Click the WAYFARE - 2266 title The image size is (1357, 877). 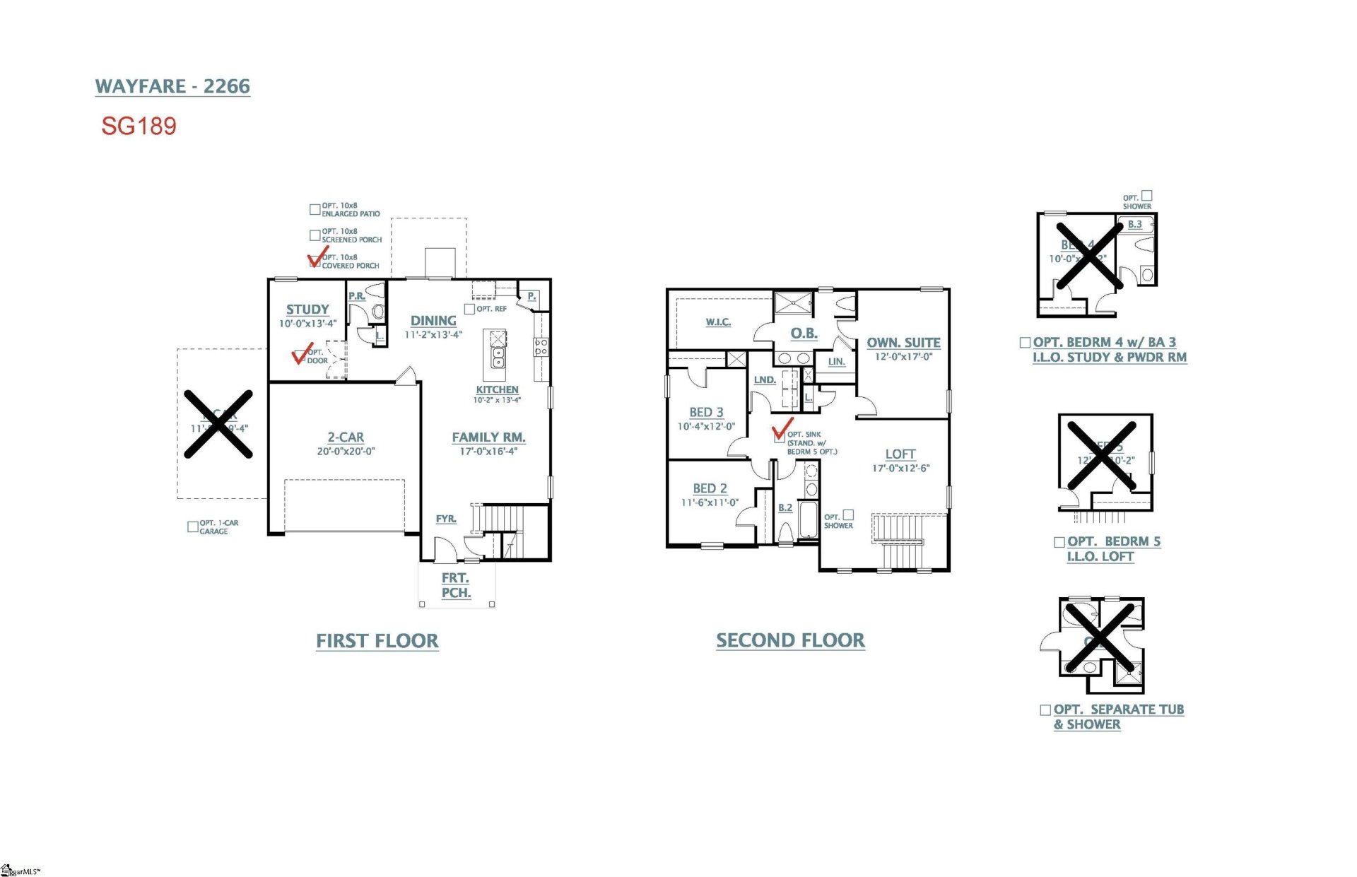point(172,86)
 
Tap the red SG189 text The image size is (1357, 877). point(139,126)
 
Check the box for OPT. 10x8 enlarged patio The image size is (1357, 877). point(315,209)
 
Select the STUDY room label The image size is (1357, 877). point(307,310)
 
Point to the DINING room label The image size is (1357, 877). point(433,321)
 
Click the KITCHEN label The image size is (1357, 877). point(497,389)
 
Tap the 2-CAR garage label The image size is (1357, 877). point(346,437)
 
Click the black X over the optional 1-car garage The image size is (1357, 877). point(218,424)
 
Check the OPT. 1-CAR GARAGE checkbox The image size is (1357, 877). point(192,527)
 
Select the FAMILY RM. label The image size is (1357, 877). point(488,437)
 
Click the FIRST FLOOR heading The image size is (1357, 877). point(377,641)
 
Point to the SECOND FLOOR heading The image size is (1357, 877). point(790,640)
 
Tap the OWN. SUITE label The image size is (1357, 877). point(903,343)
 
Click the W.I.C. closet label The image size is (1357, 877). point(718,322)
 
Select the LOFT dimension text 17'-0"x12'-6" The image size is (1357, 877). point(900,468)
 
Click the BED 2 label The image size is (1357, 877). point(710,488)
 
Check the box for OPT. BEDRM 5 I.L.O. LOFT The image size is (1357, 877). point(1059,542)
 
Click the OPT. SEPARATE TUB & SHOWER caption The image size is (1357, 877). point(1118,717)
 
